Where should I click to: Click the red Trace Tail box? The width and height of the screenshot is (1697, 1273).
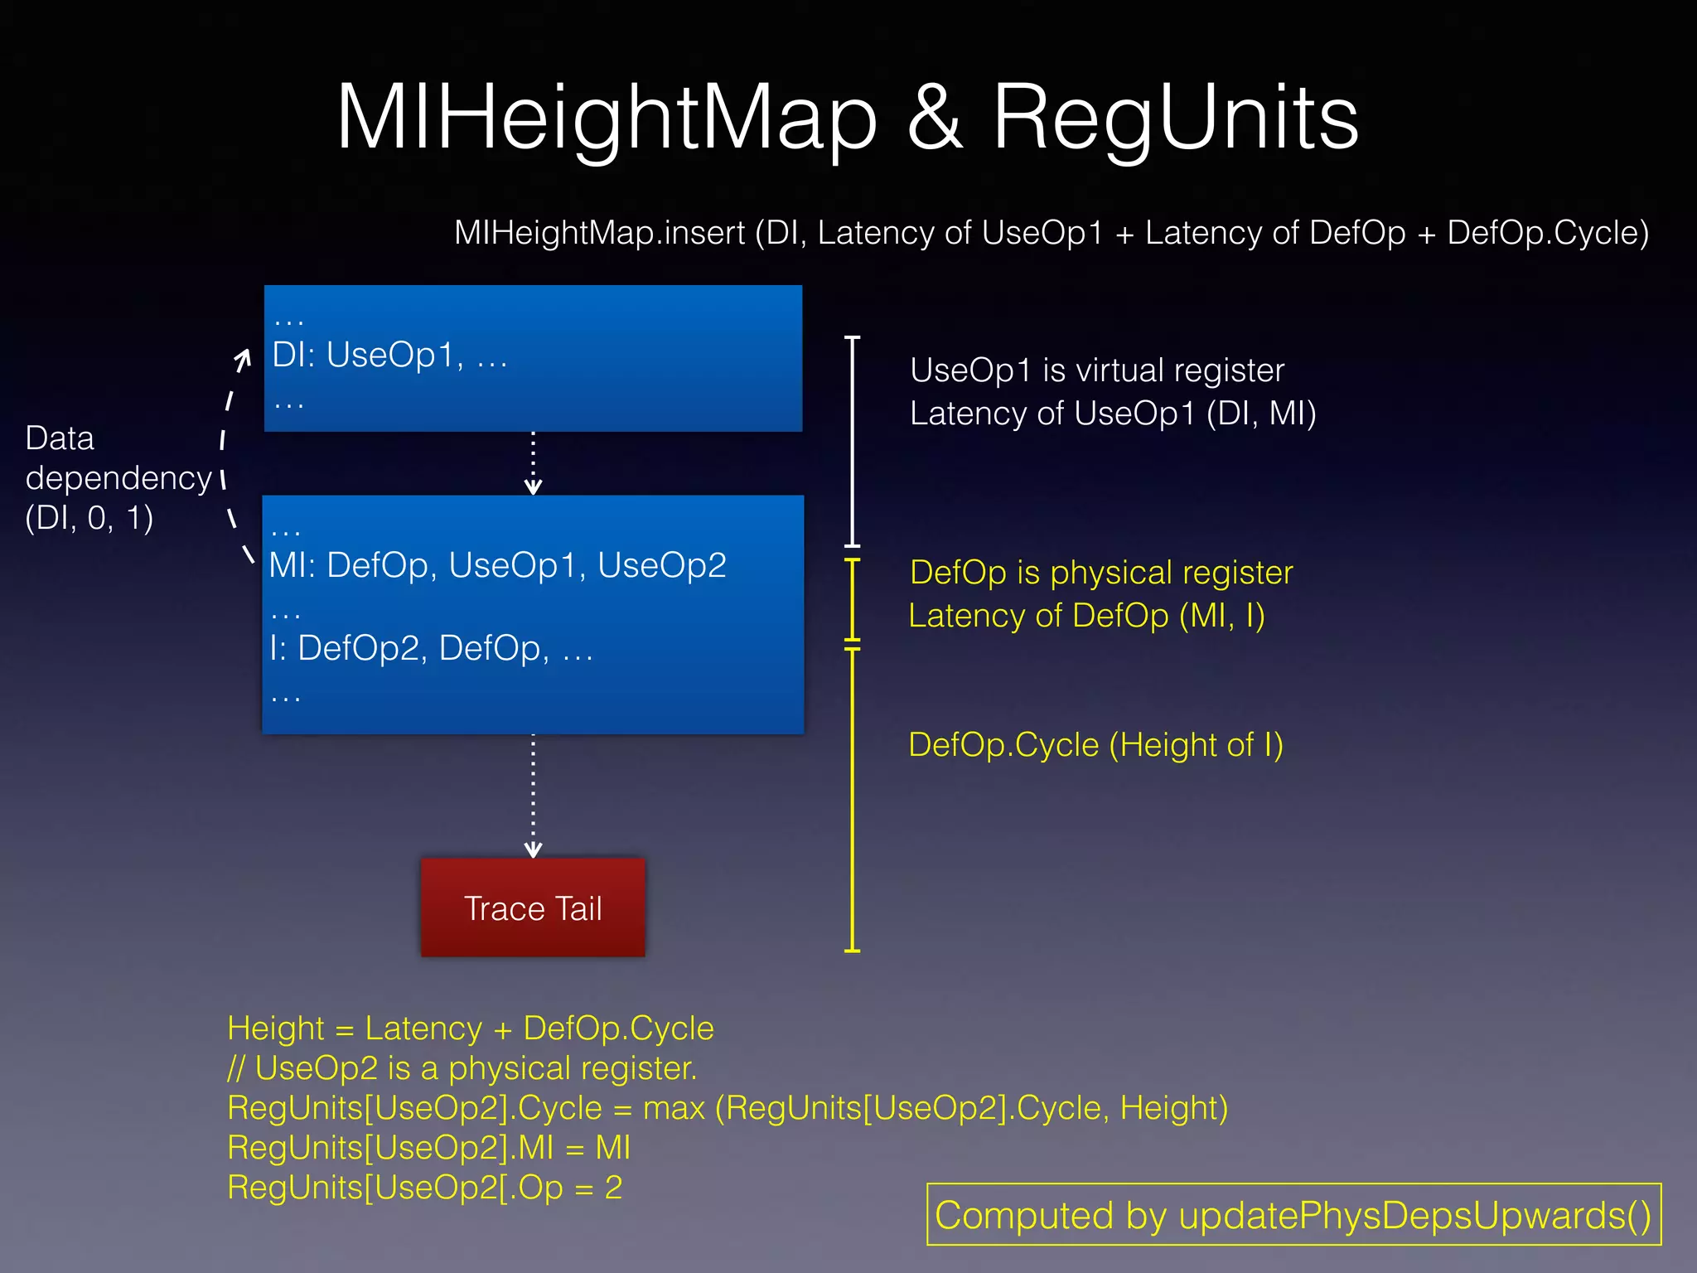[x=533, y=908]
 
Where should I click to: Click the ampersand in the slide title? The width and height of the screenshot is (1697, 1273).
[x=935, y=119]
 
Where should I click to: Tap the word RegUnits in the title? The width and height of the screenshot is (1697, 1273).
[x=1175, y=119]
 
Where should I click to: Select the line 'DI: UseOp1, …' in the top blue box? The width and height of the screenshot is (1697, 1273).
[x=389, y=356]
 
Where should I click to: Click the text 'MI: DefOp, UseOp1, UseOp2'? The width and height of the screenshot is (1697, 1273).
[x=497, y=565]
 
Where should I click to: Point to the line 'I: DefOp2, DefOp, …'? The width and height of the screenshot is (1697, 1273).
[x=431, y=648]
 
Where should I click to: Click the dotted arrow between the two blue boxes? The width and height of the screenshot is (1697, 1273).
[x=533, y=462]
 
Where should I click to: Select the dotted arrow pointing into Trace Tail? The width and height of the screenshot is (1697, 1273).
[x=533, y=796]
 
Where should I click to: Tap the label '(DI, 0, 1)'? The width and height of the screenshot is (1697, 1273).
[x=89, y=518]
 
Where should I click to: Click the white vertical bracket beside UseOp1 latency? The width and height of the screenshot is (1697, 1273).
[x=852, y=441]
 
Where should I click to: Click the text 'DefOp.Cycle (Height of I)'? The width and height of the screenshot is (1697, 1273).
[x=1095, y=745]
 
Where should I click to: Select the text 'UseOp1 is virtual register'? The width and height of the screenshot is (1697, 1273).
[x=1096, y=370]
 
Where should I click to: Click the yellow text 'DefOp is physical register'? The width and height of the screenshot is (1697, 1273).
[x=1100, y=573]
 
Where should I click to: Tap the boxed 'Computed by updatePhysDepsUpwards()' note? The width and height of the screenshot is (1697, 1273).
[x=1293, y=1215]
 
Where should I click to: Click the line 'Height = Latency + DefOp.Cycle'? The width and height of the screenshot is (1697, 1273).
[x=470, y=1029]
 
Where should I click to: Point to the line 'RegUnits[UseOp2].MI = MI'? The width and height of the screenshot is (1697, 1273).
[x=428, y=1148]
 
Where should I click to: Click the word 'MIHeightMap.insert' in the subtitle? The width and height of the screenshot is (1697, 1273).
[x=599, y=233]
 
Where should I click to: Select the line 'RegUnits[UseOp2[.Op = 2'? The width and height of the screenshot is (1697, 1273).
[x=424, y=1188]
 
